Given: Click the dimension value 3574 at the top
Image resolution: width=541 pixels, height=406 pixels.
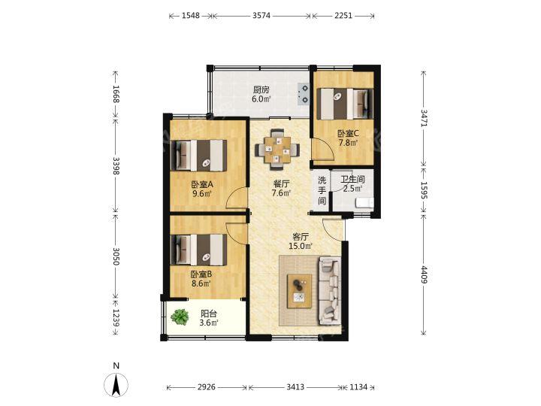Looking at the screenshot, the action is pyautogui.click(x=261, y=16).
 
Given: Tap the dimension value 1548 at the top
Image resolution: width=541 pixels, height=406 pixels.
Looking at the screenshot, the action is pyautogui.click(x=190, y=16).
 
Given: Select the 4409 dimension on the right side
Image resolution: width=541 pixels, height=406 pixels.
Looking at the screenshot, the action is pyautogui.click(x=424, y=275).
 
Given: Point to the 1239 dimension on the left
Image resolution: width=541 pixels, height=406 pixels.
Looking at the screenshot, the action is pyautogui.click(x=116, y=317).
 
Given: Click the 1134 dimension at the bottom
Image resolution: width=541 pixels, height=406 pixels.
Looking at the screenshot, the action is pyautogui.click(x=358, y=387).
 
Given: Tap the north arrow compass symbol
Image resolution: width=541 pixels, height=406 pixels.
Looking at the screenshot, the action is pyautogui.click(x=116, y=383).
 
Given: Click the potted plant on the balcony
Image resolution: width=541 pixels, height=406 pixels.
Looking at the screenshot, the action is pyautogui.click(x=180, y=317).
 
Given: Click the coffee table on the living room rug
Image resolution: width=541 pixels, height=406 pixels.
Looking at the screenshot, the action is pyautogui.click(x=300, y=291).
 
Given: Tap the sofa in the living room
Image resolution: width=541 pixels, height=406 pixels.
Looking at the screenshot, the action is pyautogui.click(x=331, y=290).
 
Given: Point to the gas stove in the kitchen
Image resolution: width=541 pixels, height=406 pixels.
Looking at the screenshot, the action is pyautogui.click(x=304, y=94).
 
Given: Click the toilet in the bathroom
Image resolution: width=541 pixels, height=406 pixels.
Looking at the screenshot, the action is pyautogui.click(x=364, y=202).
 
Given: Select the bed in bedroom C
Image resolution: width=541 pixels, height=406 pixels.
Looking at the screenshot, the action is pyautogui.click(x=345, y=104).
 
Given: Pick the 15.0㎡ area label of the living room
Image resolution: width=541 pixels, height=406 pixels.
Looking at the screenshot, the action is pyautogui.click(x=301, y=246).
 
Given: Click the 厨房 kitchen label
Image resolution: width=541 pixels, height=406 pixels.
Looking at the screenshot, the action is pyautogui.click(x=261, y=90).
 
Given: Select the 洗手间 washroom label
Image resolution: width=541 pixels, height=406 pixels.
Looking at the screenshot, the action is pyautogui.click(x=322, y=190).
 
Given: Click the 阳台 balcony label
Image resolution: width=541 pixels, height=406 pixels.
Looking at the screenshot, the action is pyautogui.click(x=209, y=314).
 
